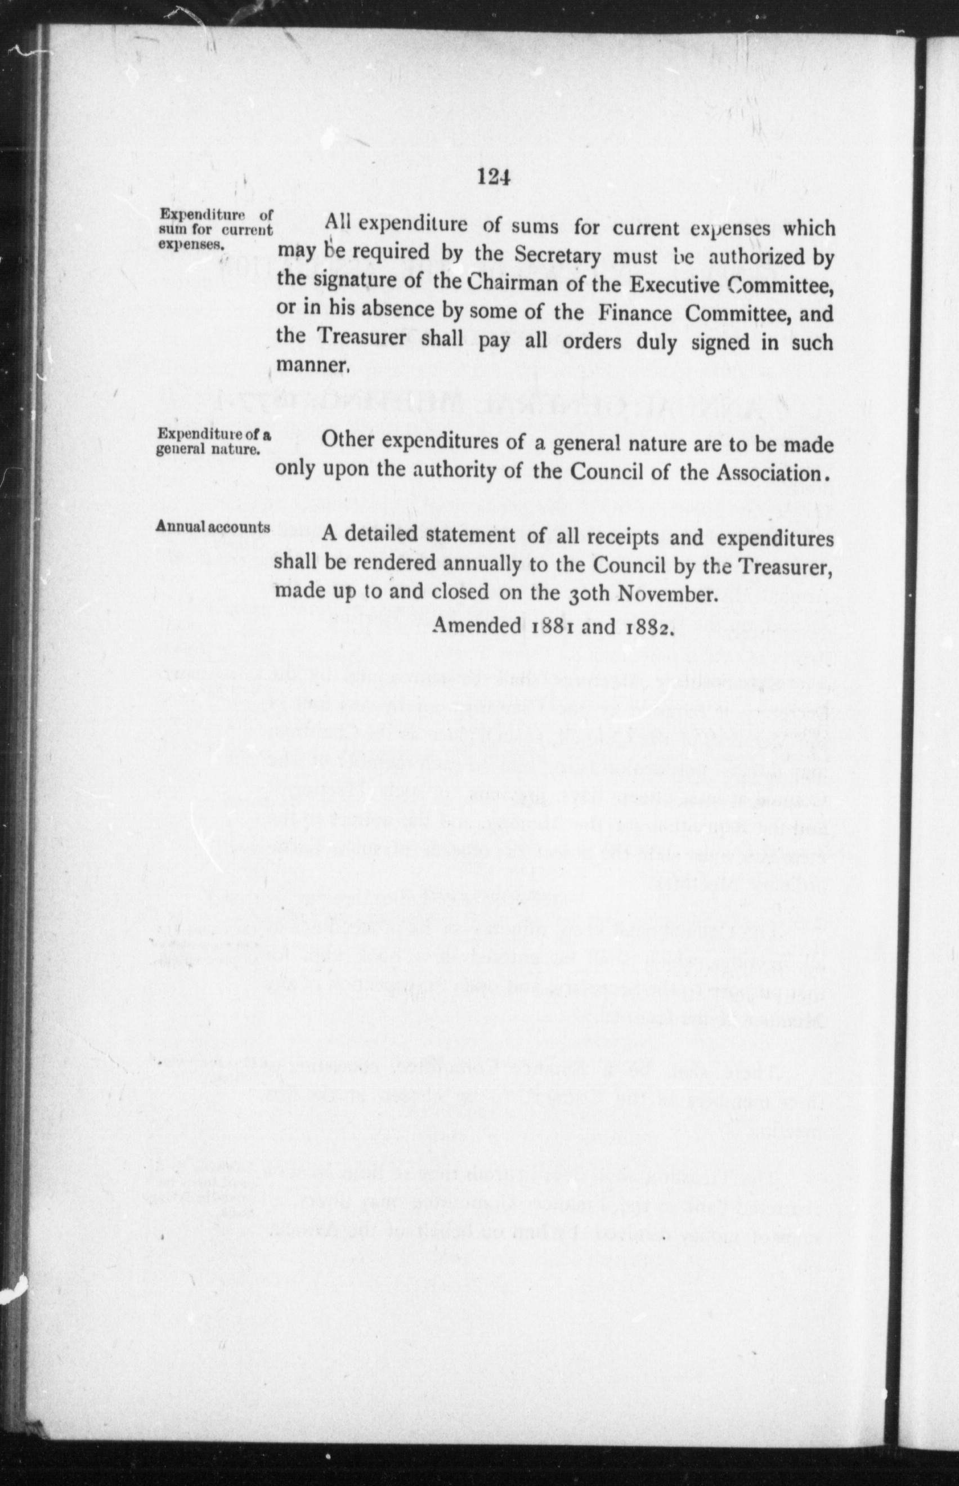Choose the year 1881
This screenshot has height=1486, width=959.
550,626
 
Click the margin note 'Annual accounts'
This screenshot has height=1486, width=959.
213,526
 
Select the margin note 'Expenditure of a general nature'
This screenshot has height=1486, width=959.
213,441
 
